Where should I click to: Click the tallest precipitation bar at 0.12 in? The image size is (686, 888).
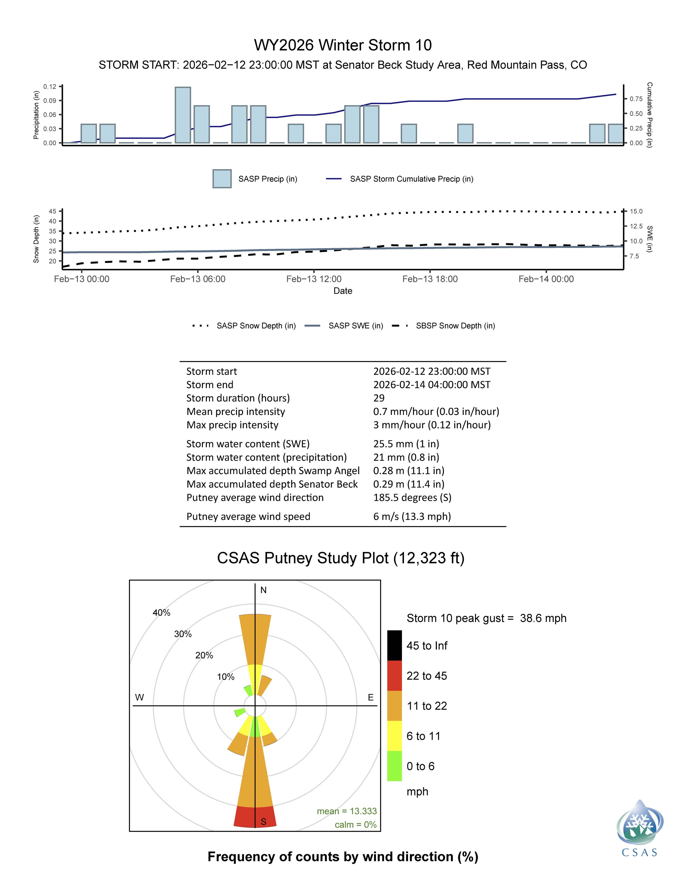click(183, 115)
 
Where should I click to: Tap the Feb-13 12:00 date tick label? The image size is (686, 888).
click(314, 279)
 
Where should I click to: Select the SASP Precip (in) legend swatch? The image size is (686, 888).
click(222, 179)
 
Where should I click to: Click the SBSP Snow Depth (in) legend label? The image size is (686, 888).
click(455, 326)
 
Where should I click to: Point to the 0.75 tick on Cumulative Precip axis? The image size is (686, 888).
click(636, 99)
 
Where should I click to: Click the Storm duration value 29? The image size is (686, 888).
click(379, 398)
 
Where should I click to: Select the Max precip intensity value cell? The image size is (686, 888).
click(432, 425)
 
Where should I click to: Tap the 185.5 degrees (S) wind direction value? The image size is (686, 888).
click(412, 498)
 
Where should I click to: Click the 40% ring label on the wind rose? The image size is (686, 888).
click(161, 613)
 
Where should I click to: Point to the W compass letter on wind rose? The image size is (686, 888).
click(139, 697)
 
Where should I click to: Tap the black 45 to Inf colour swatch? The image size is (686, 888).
click(394, 645)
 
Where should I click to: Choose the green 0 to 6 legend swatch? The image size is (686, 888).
click(394, 766)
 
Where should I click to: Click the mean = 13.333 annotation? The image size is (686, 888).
click(347, 811)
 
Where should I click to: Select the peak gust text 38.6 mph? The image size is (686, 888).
click(543, 618)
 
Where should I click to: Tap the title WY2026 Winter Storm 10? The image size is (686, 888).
click(343, 45)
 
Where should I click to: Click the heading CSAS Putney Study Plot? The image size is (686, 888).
click(341, 558)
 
